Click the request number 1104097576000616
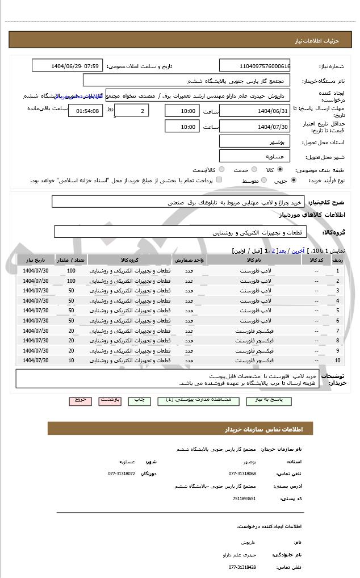click(x=254, y=66)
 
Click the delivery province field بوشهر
click(x=254, y=141)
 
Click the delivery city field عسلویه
click(x=254, y=156)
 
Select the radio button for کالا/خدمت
click(x=221, y=170)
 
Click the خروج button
click(x=80, y=400)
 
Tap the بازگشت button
click(x=110, y=400)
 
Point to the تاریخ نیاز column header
click(x=36, y=260)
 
